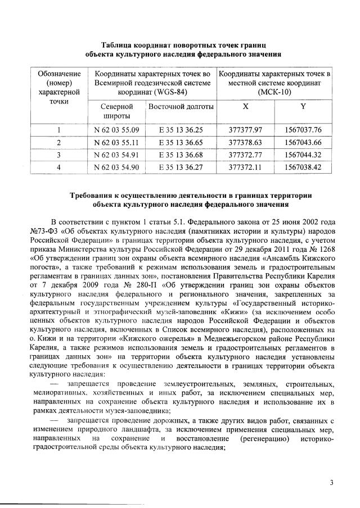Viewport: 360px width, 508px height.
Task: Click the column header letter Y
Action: tap(303, 106)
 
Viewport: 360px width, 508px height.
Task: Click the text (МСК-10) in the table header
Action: tap(274, 92)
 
